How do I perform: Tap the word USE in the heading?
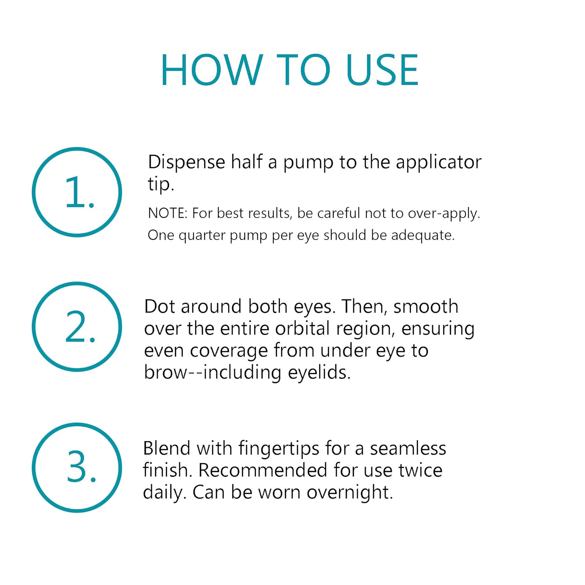(x=382, y=70)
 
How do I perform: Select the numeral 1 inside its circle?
(x=75, y=192)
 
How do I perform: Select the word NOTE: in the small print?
(x=168, y=213)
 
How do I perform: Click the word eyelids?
(x=319, y=373)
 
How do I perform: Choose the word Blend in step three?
(x=167, y=448)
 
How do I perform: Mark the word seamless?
(x=408, y=448)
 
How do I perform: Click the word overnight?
(x=349, y=493)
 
